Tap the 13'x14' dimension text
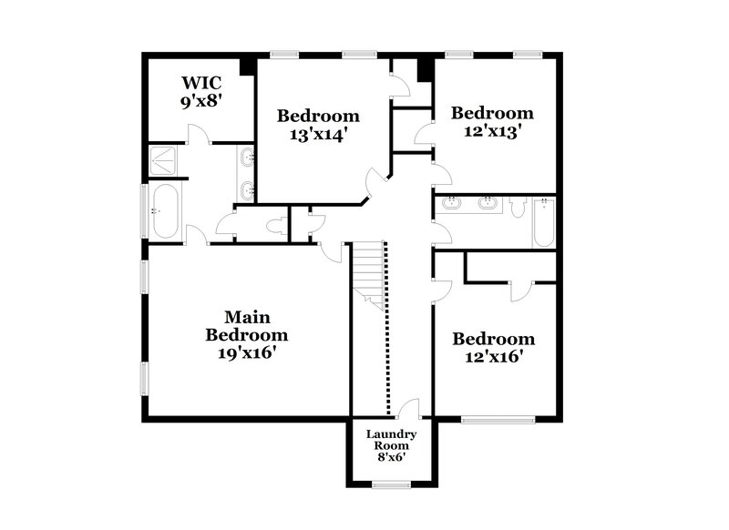318,133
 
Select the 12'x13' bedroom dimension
492,130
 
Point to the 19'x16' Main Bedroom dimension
245,351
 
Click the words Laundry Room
392,440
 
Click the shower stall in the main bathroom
166,162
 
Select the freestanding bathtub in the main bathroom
166,211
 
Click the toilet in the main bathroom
277,225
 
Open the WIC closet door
199,135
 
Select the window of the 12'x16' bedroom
497,419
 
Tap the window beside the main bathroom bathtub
143,211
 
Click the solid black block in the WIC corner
246,66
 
